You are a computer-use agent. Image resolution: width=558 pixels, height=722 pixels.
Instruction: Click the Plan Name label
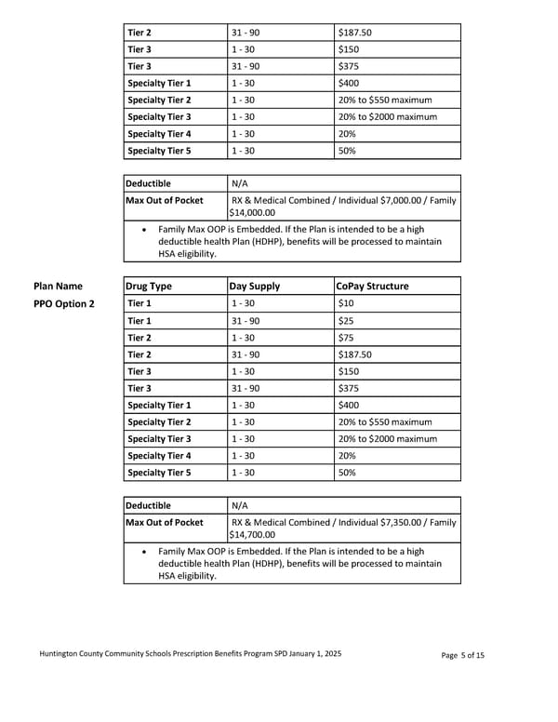58,287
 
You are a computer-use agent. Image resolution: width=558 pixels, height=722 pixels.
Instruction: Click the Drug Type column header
150,287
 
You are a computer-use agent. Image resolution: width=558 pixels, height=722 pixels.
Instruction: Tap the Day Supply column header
255,287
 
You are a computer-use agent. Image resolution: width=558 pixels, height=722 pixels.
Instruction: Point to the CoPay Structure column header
372,287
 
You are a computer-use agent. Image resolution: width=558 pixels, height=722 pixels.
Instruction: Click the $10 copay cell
346,303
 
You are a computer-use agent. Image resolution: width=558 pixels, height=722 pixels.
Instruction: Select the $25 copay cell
346,321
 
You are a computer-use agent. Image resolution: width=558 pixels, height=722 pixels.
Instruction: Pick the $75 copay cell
346,338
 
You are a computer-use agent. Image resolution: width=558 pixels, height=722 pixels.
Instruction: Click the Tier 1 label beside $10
139,303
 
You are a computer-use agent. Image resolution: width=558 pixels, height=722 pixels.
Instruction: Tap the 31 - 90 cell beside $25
246,321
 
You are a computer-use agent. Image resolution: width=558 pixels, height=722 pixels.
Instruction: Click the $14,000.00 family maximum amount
252,213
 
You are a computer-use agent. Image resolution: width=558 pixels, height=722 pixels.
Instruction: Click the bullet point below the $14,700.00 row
143,552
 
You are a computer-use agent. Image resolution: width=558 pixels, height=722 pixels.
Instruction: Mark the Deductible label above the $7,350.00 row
149,505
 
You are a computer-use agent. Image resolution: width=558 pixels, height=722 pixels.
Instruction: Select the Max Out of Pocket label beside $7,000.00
165,200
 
